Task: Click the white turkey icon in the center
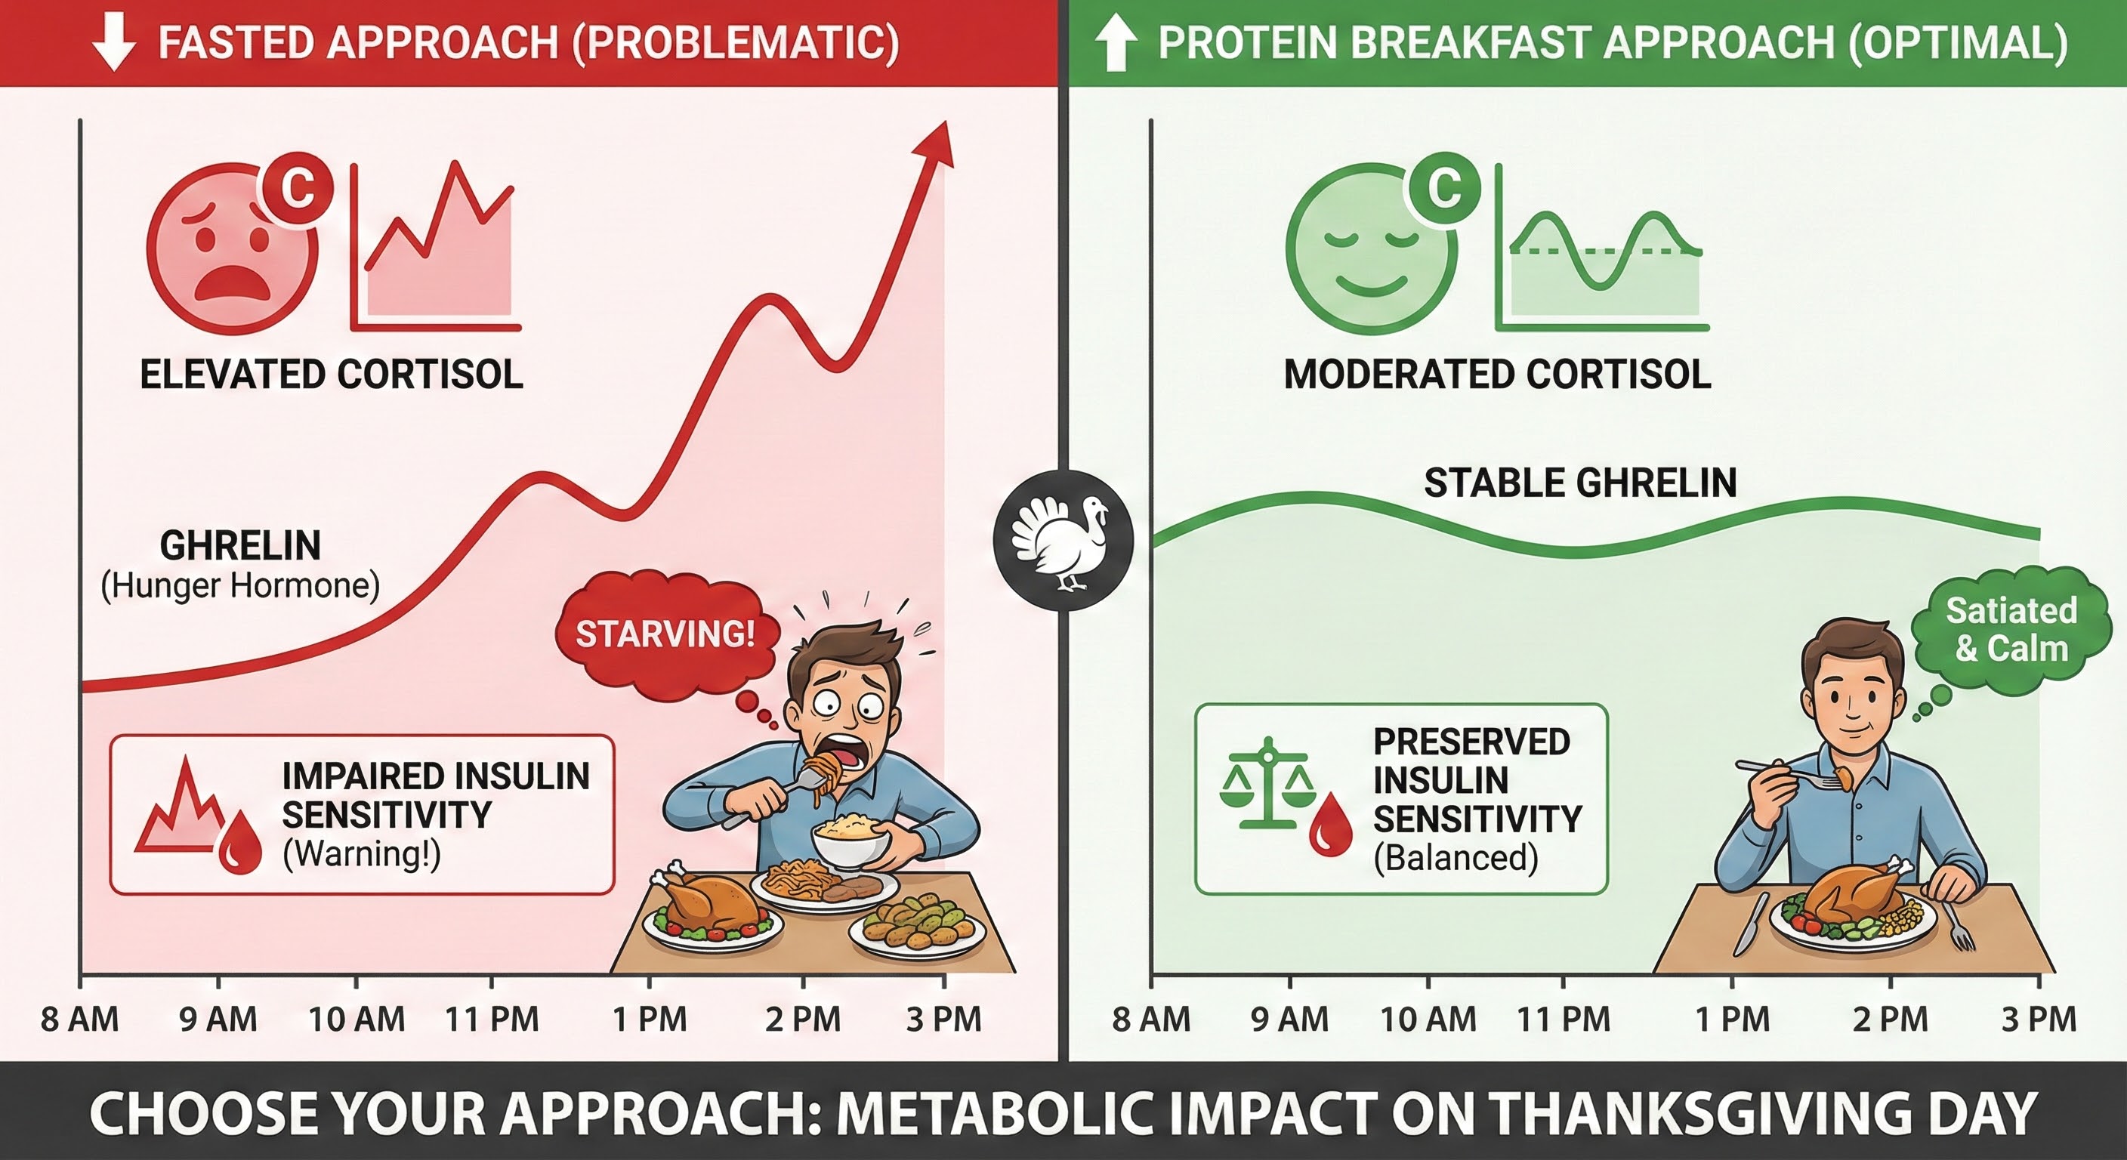(1063, 541)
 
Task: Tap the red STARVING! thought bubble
(665, 634)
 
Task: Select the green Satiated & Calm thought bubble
(2011, 630)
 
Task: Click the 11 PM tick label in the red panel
(492, 1020)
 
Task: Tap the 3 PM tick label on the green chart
(2039, 1020)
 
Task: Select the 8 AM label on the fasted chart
(80, 1020)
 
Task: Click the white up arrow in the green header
(1116, 43)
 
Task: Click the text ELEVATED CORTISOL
(331, 375)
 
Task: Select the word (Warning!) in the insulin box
(362, 853)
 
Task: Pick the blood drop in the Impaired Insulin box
(239, 842)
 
